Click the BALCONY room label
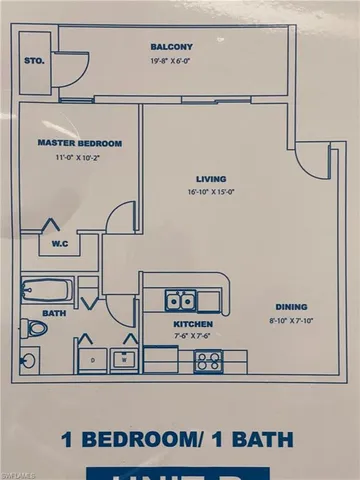tap(172, 47)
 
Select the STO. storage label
tap(34, 60)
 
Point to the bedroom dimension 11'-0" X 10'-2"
tap(67, 157)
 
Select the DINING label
tap(291, 307)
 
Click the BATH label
tap(56, 313)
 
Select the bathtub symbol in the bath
tap(46, 291)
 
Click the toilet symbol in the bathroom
tap(34, 327)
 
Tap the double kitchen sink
tap(181, 299)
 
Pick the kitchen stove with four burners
tap(209, 361)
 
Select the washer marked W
tap(124, 359)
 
